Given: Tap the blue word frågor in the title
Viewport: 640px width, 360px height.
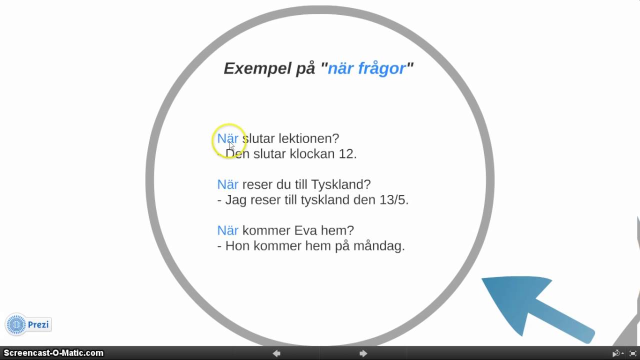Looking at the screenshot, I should click(x=381, y=68).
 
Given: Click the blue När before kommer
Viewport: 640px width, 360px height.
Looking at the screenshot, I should click(x=227, y=230).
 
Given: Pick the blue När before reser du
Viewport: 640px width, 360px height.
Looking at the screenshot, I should click(x=227, y=184).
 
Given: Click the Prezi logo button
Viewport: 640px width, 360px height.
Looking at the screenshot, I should click(x=29, y=325).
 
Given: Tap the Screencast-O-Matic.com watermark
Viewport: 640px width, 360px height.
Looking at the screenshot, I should click(x=53, y=353).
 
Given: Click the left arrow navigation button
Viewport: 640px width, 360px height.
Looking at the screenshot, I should click(x=276, y=353).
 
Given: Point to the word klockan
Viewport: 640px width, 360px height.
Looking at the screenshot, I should click(x=311, y=154).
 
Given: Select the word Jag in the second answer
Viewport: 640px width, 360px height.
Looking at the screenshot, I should click(x=235, y=200).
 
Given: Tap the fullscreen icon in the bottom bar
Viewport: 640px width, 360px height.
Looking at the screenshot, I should click(x=632, y=353).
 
